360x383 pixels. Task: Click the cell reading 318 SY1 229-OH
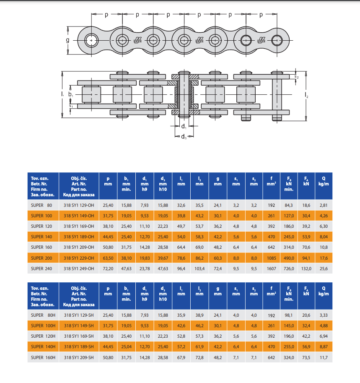79,258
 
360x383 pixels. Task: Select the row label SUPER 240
41,268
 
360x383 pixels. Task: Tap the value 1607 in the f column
272,268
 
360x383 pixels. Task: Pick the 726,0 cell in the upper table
289,268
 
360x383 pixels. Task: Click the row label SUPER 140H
43,347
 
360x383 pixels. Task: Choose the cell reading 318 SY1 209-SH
79,357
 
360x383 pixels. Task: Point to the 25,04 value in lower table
127,347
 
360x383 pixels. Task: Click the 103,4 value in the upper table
199,268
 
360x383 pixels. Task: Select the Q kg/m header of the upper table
324,181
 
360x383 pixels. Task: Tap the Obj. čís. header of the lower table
79,288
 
